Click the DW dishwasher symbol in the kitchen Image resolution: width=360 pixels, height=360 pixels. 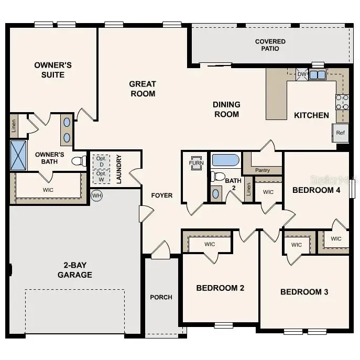(302, 74)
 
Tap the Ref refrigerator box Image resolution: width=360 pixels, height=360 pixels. (340, 133)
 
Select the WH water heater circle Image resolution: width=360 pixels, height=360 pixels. (96, 195)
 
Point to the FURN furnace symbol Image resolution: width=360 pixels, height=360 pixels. (197, 162)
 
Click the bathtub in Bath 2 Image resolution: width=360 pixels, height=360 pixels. (225, 160)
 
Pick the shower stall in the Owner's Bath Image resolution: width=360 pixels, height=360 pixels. (19, 155)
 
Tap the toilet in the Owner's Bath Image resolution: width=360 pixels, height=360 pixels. (79, 160)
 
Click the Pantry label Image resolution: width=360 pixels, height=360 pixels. (263, 170)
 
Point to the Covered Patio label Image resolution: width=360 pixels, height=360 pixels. (270, 45)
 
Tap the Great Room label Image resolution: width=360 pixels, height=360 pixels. (143, 89)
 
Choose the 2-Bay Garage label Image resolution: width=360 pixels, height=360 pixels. (75, 270)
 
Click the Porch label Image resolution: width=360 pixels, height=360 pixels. (161, 297)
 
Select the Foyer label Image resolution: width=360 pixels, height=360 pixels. (162, 195)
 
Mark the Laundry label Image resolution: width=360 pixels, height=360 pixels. (119, 169)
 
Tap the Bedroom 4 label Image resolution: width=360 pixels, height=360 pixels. (316, 190)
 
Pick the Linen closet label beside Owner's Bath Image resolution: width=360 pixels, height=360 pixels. (14, 126)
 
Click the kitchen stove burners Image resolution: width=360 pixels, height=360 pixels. (342, 102)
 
